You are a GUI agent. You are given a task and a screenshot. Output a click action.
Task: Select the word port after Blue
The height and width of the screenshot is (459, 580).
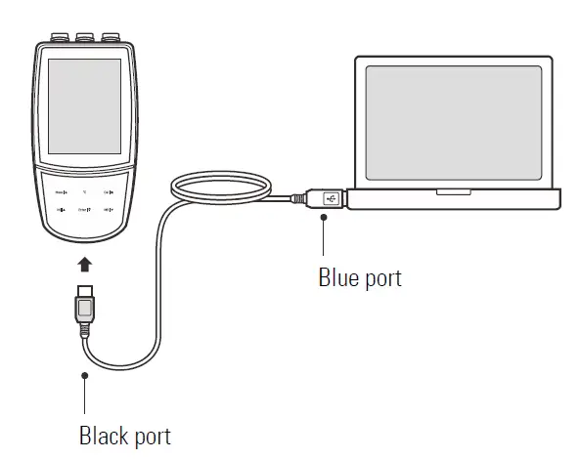coord(380,279)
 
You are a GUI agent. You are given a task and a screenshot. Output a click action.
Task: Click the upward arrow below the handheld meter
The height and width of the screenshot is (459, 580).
coord(86,264)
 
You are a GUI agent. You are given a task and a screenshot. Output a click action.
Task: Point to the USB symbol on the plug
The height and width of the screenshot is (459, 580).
coord(330,198)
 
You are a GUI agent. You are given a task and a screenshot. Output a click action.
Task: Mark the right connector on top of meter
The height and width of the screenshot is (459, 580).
coord(112,38)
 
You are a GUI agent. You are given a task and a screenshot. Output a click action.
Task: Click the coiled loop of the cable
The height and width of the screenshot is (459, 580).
coord(220,187)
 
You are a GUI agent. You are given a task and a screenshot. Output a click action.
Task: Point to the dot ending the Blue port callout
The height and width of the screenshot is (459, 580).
coord(324,220)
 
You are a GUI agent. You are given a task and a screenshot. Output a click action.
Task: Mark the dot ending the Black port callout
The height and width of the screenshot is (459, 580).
coord(86,374)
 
